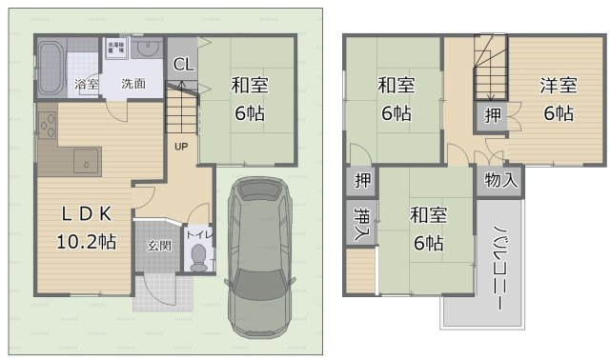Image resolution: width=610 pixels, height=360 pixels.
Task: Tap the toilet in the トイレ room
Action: [198, 255]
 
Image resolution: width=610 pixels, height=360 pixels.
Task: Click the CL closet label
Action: [184, 65]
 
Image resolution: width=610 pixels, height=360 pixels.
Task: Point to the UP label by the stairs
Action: [179, 147]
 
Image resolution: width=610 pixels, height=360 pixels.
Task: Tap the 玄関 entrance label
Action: [158, 245]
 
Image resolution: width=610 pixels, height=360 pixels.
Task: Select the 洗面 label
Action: [132, 84]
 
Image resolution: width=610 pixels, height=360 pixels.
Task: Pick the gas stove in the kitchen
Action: [49, 125]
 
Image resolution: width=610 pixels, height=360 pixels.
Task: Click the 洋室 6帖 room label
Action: [558, 98]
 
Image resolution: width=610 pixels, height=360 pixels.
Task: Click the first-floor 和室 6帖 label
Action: [249, 98]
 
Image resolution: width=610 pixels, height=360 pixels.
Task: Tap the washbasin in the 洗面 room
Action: [146, 49]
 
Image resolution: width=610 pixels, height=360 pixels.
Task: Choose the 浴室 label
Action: [86, 84]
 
